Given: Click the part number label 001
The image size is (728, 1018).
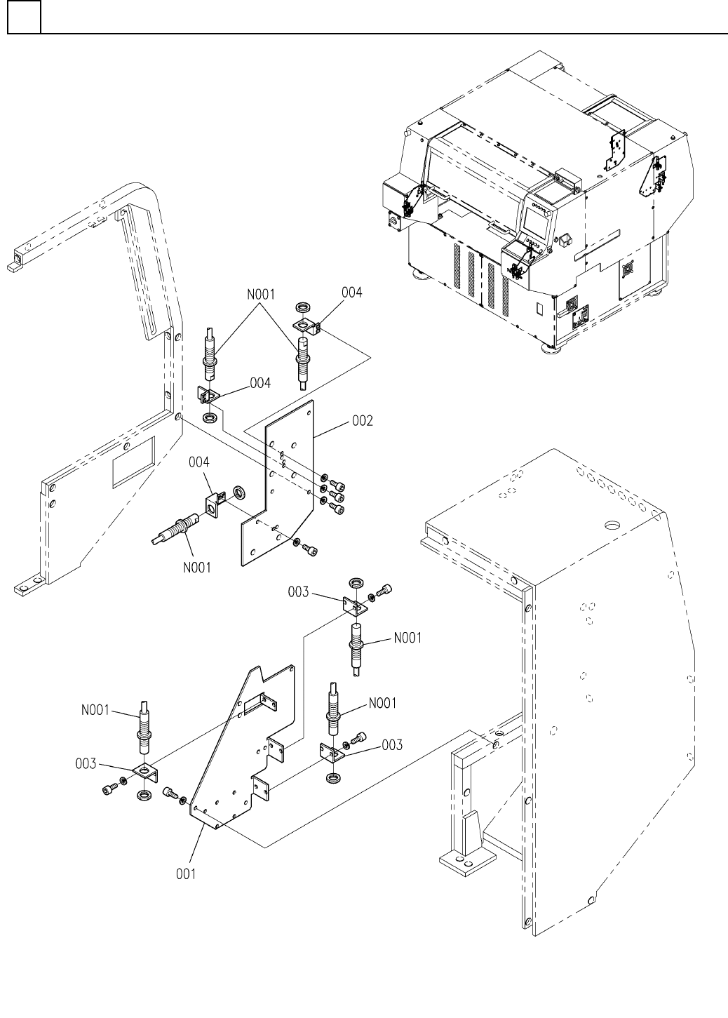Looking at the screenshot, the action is point(186,873).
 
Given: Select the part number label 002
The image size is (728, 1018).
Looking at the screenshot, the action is point(362,421).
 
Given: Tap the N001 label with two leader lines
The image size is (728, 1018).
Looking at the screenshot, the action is point(261,295).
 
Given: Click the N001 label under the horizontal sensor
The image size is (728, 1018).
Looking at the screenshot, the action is point(197,568).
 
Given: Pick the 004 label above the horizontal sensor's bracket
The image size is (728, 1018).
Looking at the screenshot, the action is point(199,462).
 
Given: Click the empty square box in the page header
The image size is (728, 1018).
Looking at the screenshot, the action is point(24,17).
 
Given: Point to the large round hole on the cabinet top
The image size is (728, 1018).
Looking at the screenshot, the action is point(613,525).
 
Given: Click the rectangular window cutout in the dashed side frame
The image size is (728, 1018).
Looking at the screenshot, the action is point(133,462).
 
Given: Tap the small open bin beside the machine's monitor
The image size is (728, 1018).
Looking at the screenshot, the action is point(565,239).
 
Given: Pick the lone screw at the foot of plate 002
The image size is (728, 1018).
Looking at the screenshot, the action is point(311,549).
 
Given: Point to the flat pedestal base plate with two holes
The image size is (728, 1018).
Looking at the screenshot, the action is point(468,859).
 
